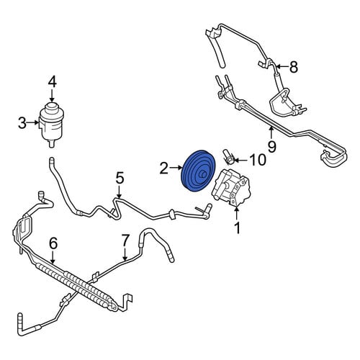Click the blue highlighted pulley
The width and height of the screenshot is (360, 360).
[198, 171]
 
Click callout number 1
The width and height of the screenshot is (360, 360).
[238, 228]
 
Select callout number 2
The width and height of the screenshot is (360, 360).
[164, 168]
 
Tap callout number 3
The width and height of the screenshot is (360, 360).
[22, 123]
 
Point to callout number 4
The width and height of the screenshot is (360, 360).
[52, 81]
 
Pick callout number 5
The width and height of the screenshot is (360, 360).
[120, 179]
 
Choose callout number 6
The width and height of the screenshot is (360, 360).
[53, 243]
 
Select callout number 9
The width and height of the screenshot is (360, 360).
[271, 147]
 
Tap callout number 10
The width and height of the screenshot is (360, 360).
[258, 160]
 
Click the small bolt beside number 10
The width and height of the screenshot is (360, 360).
[228, 158]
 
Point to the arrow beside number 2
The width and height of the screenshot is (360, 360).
[176, 168]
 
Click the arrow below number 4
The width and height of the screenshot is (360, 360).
[52, 95]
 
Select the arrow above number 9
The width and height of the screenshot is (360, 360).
[271, 133]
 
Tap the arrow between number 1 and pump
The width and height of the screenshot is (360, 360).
[237, 213]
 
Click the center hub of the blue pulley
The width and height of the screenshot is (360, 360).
[202, 175]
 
